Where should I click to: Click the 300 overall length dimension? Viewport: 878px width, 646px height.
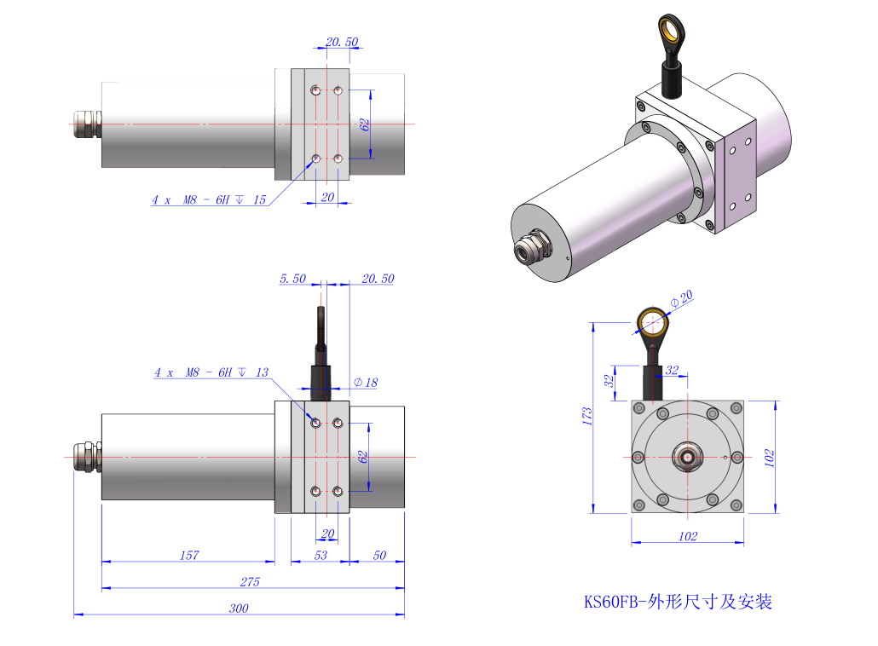coord(239,609)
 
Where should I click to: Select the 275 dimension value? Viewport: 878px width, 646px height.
coord(249,582)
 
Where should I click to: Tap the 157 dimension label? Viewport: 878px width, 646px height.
coord(189,556)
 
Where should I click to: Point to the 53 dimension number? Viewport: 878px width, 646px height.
coord(321,556)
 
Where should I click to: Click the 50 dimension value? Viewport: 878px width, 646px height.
coord(379,556)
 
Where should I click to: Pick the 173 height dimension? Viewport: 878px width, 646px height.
coord(587,416)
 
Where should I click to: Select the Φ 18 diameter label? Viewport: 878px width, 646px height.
coord(366,383)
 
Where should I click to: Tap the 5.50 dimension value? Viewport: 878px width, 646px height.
coord(292,279)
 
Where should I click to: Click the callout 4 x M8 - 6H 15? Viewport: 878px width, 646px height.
coord(209,200)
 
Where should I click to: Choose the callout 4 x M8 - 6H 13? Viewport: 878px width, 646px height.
coord(211,372)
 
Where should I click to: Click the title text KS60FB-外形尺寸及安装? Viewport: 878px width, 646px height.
coord(678,602)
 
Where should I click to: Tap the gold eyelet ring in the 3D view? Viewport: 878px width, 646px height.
coord(671,32)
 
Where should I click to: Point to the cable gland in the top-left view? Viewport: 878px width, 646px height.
coord(87,124)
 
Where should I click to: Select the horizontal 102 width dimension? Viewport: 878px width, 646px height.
coord(688,537)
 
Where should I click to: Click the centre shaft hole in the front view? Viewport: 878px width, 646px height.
coord(687,457)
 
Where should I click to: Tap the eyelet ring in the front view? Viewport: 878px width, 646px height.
coord(655,322)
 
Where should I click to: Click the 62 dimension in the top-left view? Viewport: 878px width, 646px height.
coord(365,124)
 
